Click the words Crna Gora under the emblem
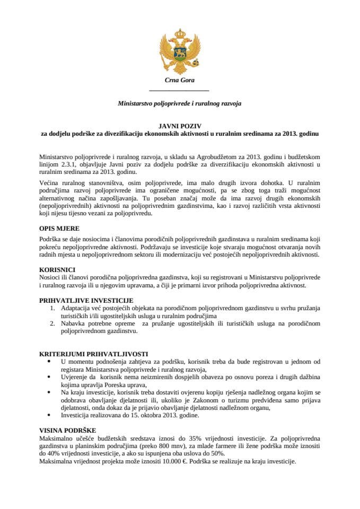click(180, 81)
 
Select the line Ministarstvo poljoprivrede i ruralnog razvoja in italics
click(180, 104)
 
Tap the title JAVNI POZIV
click(180, 126)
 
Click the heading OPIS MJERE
click(59, 229)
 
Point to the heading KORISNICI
click(57, 269)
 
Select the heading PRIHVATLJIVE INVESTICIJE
click(83, 300)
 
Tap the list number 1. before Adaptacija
click(52, 308)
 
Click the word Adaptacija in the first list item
click(77, 308)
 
